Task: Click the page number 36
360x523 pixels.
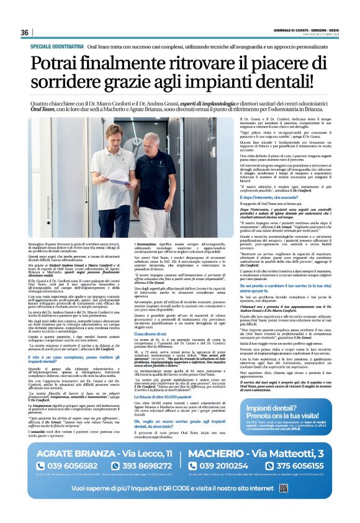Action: point(25,33)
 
